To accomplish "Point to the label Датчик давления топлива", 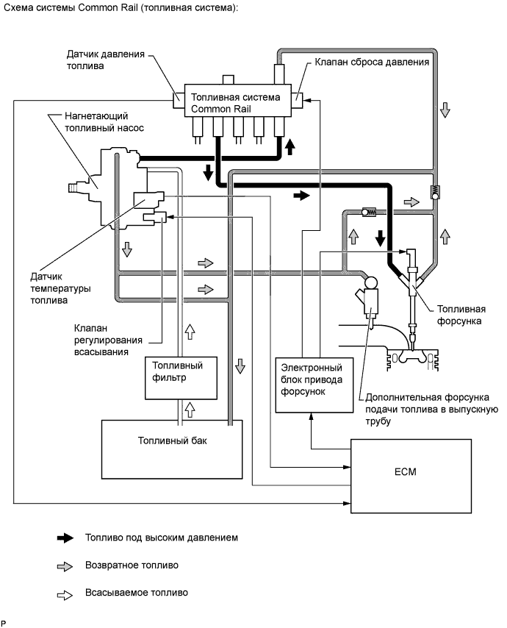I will [x=104, y=60].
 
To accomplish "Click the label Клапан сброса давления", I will [x=372, y=62].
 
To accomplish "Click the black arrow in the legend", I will [x=66, y=538].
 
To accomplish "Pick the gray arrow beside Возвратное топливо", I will [x=66, y=566].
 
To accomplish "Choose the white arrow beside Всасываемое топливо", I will [x=66, y=593].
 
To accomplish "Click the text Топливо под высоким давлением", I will [x=162, y=538].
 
